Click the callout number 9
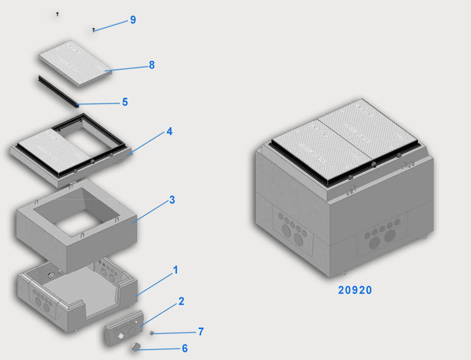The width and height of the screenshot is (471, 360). tap(133, 20)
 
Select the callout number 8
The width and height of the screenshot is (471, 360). tap(152, 65)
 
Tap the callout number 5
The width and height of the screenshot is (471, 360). tap(125, 102)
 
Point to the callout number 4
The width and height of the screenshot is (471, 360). tap(170, 131)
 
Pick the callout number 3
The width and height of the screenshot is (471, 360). tap(172, 200)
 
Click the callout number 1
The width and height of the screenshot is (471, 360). tap(176, 270)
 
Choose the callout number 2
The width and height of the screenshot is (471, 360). tap(181, 301)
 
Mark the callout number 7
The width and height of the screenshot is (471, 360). tap(201, 332)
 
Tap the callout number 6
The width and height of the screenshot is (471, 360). tap(185, 348)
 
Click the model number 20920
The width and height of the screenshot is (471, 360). tap(355, 290)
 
